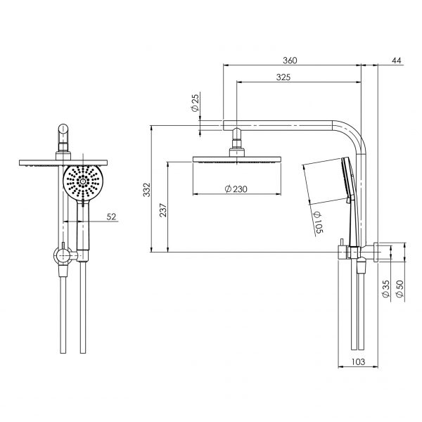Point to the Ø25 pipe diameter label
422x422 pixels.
pyautogui.click(x=194, y=105)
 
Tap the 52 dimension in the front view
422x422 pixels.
pyautogui.click(x=111, y=217)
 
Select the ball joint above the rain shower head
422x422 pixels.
pyautogui.click(x=234, y=148)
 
